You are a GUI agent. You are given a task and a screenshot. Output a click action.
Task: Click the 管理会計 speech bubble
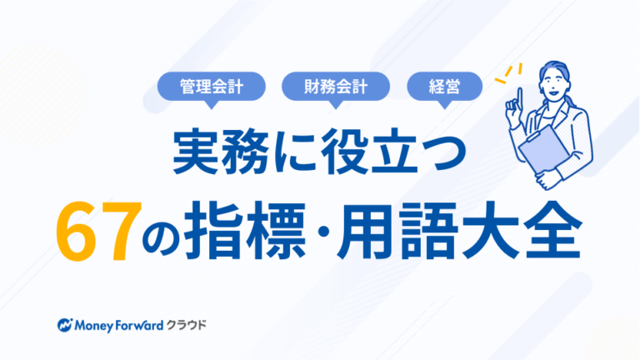coord(212,87)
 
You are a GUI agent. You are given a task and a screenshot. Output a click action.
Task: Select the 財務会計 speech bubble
coord(336,87)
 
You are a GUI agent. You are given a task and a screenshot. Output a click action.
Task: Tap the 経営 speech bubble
coord(444,87)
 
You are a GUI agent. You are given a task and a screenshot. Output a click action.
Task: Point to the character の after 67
coord(161,237)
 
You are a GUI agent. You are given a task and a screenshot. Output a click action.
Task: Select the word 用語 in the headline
coord(399,230)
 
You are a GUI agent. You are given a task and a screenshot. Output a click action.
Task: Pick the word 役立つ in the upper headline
coord(393,152)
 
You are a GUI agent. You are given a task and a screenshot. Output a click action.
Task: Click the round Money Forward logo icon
coord(65,325)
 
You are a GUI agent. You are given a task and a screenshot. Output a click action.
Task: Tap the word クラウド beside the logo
coord(187,325)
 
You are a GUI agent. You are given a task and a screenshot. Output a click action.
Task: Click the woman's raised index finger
coord(520,98)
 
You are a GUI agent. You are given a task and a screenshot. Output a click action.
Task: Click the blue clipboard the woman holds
coord(542,148)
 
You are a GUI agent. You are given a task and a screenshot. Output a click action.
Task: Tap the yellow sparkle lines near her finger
coord(508,73)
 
